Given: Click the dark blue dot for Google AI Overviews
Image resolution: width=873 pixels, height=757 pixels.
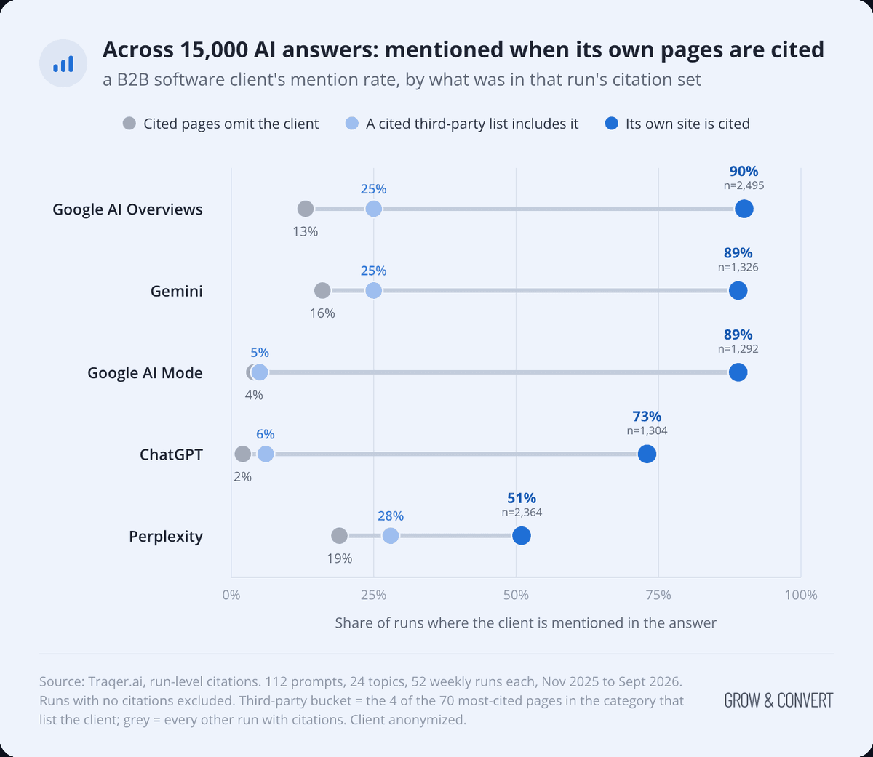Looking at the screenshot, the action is click(744, 209).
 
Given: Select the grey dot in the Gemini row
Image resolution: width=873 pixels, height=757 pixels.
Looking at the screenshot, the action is click(322, 291).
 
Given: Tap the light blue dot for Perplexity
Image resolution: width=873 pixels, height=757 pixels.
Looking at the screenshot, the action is click(391, 536).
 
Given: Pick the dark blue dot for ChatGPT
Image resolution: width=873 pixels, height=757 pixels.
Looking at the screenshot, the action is click(647, 454).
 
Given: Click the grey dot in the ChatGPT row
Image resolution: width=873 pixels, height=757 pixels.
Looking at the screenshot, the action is click(242, 454).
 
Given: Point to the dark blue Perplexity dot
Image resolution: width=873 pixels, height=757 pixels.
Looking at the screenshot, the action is click(522, 536).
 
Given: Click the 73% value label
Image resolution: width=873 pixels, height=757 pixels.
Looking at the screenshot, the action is click(647, 416).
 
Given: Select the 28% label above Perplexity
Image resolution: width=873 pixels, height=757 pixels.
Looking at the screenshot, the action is click(391, 516).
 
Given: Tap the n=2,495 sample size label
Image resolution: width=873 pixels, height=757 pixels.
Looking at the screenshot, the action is click(744, 185).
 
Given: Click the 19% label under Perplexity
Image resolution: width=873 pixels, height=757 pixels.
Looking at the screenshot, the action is click(340, 558).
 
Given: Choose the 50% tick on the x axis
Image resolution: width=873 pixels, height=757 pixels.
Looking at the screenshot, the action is click(516, 595).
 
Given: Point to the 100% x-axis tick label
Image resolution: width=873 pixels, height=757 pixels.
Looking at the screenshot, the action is click(801, 595).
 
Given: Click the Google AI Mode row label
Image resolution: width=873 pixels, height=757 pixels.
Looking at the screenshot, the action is click(145, 373).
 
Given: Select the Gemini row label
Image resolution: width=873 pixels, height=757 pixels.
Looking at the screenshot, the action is click(177, 291).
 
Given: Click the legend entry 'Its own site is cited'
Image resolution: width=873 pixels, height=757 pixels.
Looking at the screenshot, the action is click(677, 124).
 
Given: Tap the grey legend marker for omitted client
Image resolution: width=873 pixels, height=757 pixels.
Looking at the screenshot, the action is click(129, 124).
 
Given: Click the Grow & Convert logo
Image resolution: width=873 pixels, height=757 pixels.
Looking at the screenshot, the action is click(778, 700).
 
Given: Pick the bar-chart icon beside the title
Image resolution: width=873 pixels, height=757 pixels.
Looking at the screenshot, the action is click(63, 63).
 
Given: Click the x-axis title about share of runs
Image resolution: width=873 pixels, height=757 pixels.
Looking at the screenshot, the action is click(525, 623).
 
